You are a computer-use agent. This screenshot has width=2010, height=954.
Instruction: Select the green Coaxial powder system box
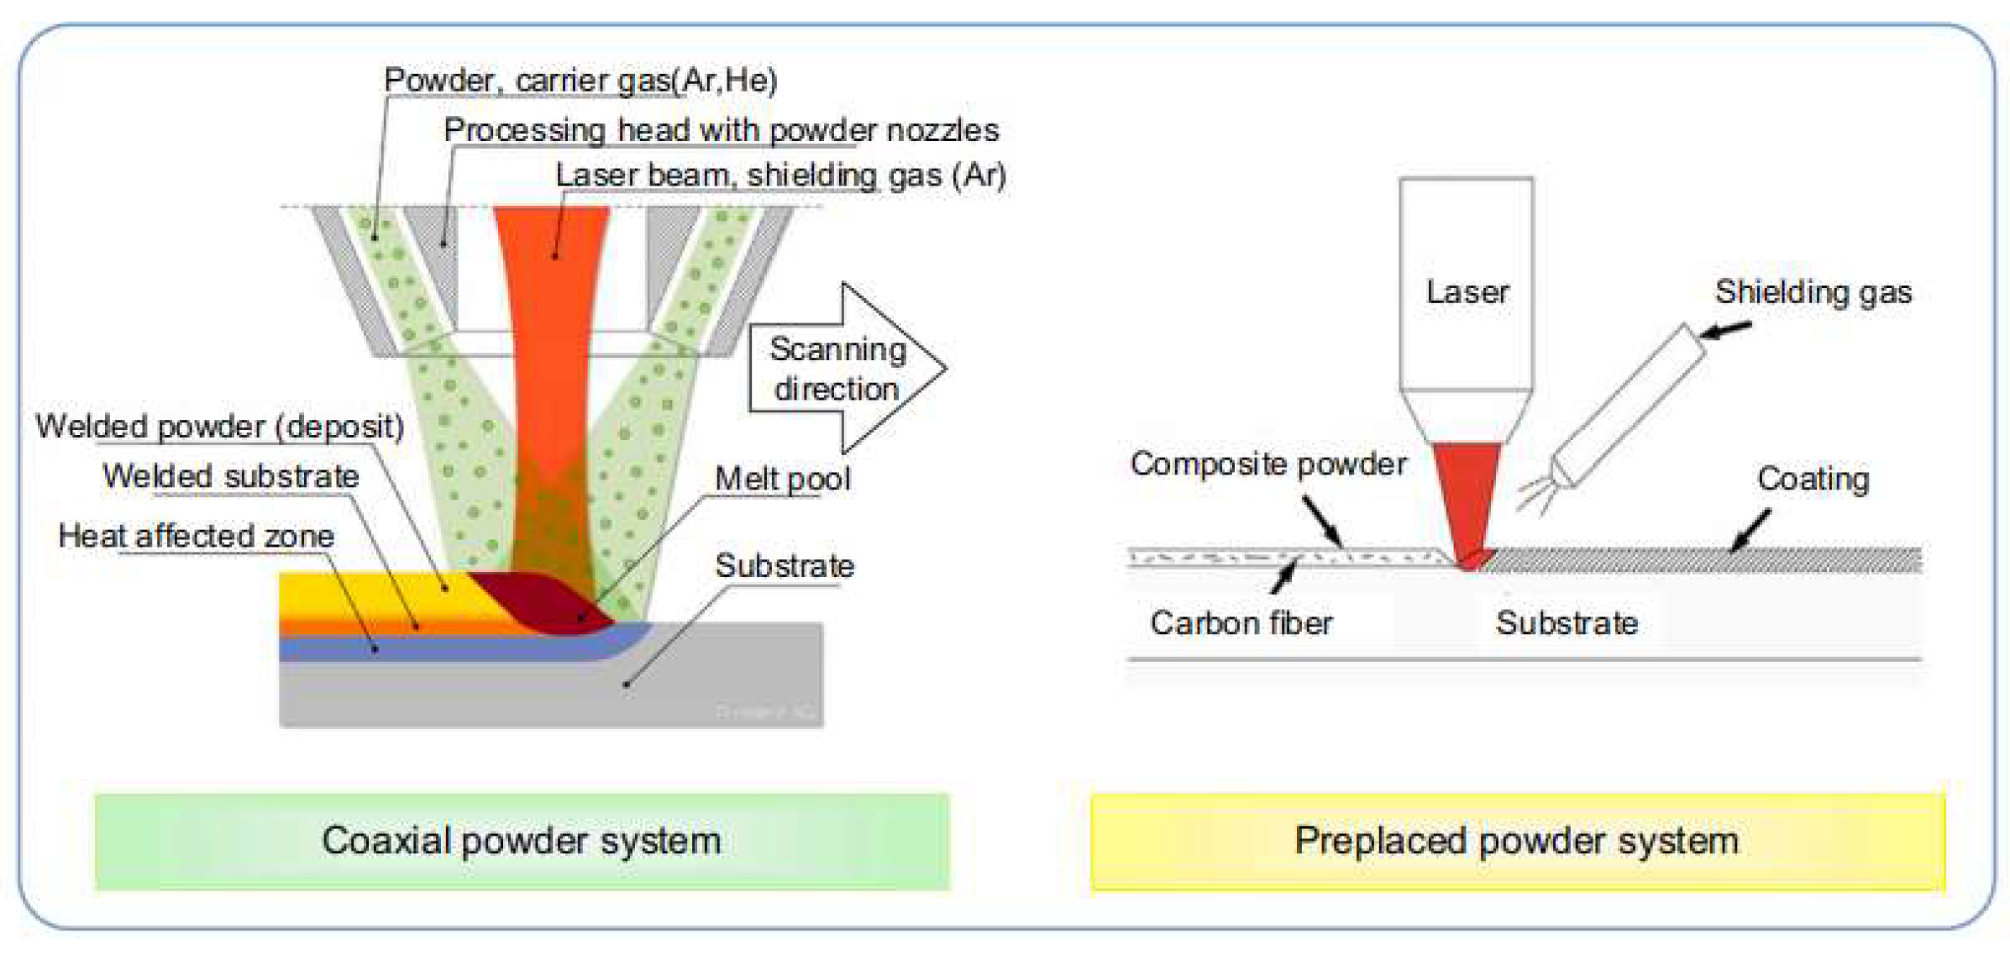(x=522, y=841)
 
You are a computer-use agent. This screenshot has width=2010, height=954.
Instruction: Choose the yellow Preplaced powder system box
(x=1517, y=841)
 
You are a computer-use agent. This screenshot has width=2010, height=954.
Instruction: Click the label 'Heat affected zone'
(x=197, y=536)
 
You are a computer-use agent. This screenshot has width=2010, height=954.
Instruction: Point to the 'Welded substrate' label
(x=231, y=476)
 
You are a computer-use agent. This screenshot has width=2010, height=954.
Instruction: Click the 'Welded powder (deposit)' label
(x=220, y=427)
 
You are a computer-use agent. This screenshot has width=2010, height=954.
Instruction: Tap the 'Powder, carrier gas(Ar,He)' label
(x=580, y=81)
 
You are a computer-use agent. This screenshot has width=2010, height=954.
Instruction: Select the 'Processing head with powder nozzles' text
(x=721, y=130)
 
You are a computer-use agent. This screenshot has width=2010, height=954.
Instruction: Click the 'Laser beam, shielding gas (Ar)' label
(x=780, y=176)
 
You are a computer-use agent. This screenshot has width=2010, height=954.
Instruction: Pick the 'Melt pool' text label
(x=782, y=479)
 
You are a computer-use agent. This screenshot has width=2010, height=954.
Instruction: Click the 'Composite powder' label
(x=1268, y=464)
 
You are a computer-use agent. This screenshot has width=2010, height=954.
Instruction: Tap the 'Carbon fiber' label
(x=1241, y=623)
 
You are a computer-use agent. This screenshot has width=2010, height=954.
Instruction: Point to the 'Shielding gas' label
(x=1813, y=292)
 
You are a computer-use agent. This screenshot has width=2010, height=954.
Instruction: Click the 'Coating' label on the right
(x=1813, y=479)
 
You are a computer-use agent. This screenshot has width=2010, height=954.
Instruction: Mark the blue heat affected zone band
(x=420, y=649)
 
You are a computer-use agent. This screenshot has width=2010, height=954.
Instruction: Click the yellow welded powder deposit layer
(x=370, y=595)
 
